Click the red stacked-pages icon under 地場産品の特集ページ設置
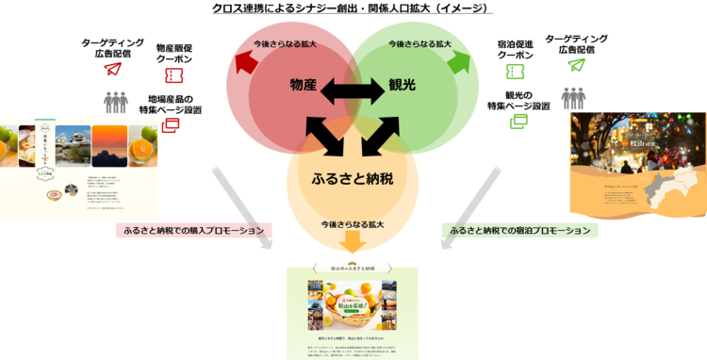pos(171,123)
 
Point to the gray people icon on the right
pos(573,97)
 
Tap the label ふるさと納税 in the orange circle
pos(353,178)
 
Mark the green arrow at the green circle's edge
pos(459,61)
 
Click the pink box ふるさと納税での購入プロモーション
pos(193,230)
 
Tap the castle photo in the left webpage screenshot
pos(74,146)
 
